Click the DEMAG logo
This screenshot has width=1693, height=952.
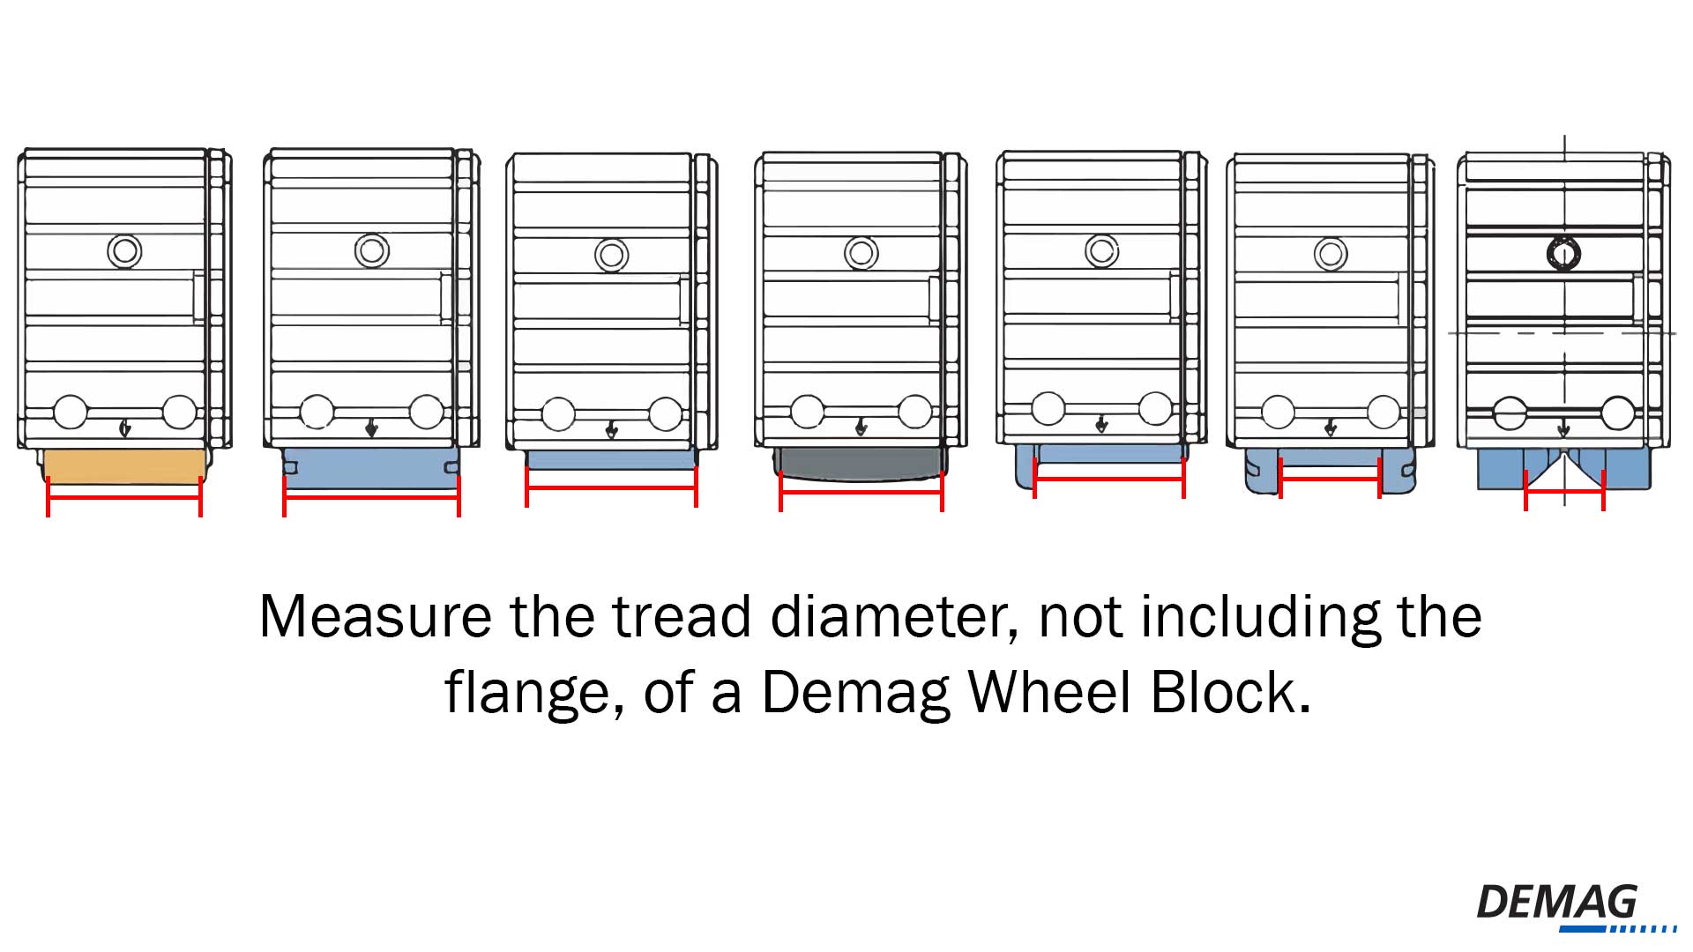[x=1557, y=904]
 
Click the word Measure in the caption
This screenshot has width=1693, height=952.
[x=375, y=616]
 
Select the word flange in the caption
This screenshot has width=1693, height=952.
[x=526, y=693]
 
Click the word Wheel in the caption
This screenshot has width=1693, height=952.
[x=1050, y=693]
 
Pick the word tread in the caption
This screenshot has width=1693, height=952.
[x=682, y=616]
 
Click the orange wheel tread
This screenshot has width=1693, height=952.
[x=124, y=465]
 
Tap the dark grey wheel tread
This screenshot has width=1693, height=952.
[x=861, y=462]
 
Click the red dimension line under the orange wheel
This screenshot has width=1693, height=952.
[x=124, y=498]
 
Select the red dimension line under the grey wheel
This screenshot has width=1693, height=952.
[x=861, y=493]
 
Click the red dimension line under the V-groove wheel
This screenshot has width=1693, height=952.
[x=1564, y=491]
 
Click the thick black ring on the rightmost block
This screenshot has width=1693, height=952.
[x=1563, y=254]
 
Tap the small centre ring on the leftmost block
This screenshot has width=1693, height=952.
[x=124, y=251]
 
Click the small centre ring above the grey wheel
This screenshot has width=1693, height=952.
[x=861, y=254]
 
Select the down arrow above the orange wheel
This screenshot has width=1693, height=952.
[x=125, y=428]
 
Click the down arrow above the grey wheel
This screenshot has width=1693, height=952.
[x=861, y=428]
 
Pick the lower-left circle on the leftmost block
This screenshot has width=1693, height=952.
[x=71, y=413]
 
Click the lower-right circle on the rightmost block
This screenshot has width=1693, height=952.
[x=1618, y=413]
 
